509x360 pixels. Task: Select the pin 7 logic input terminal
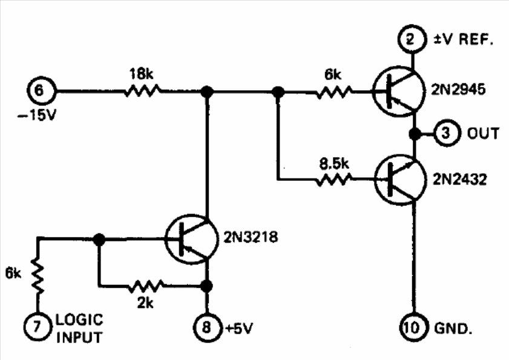point(38,327)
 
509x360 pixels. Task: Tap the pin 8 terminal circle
point(207,327)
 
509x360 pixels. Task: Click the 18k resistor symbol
point(142,91)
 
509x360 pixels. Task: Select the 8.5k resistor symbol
point(334,179)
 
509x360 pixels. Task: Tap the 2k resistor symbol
point(146,286)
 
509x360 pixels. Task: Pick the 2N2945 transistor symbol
point(398,91)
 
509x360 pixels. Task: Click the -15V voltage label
point(37,115)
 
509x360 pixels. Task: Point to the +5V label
point(239,329)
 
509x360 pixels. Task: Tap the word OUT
point(483,134)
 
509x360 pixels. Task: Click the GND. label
point(453,329)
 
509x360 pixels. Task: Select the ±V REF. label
point(464,39)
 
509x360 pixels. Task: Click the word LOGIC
point(79,319)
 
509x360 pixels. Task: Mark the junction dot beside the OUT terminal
point(415,134)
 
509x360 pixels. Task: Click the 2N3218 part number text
point(251,237)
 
